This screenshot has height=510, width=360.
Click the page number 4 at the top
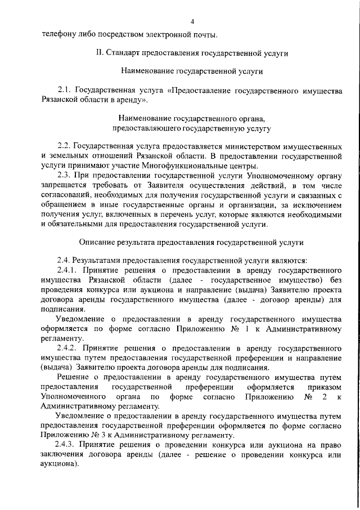[192, 21]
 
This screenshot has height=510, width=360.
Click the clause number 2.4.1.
[68, 270]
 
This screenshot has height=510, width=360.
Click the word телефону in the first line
[59, 35]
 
